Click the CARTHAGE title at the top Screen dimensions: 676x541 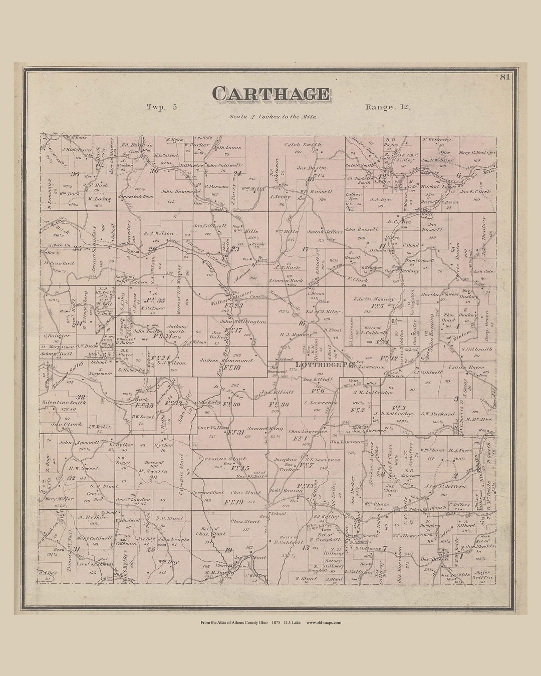[x=271, y=94]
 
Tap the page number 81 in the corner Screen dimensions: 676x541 [x=504, y=77]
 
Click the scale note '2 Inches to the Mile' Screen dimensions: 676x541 [x=273, y=117]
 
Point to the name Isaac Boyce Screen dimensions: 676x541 [x=469, y=367]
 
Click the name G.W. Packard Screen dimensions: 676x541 [x=437, y=414]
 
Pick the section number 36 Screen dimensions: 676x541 [x=75, y=174]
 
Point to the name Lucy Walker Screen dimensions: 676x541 [x=210, y=428]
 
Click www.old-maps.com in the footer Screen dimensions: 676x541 [x=324, y=622]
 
